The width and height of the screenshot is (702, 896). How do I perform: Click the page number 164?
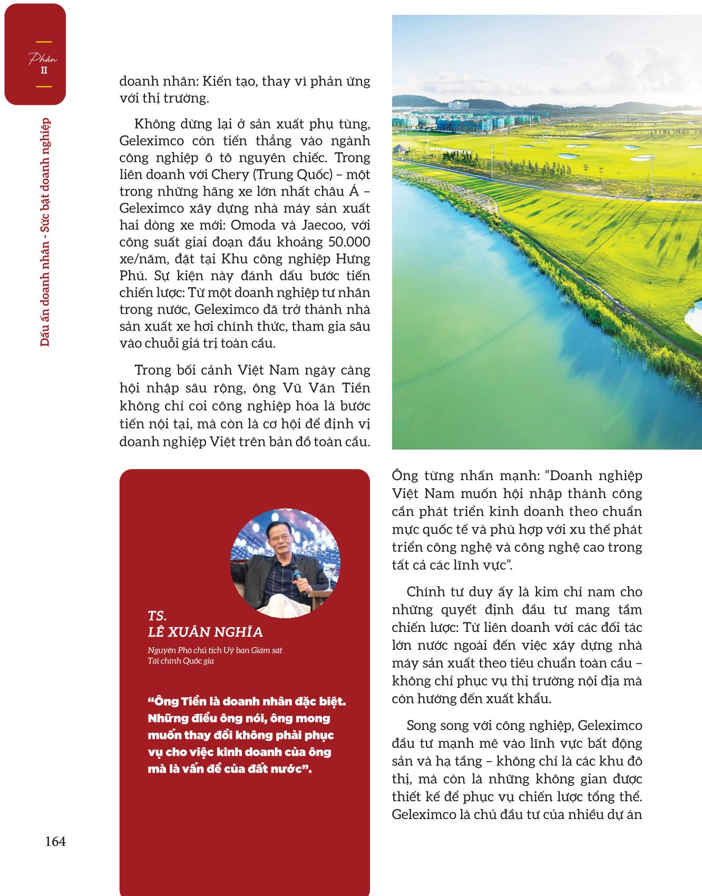point(55,841)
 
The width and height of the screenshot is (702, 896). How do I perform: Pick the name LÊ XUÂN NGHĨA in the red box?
point(206,632)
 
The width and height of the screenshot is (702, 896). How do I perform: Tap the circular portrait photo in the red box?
point(285,562)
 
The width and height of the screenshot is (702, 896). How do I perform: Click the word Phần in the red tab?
point(43,59)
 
